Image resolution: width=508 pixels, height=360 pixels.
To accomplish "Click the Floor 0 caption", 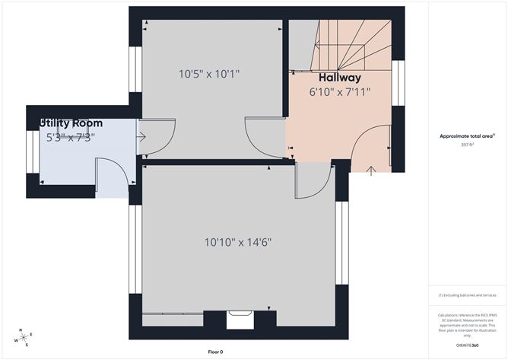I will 217,352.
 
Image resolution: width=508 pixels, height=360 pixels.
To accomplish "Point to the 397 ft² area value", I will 467,144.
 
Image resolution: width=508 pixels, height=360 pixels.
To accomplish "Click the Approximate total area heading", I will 467,135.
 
